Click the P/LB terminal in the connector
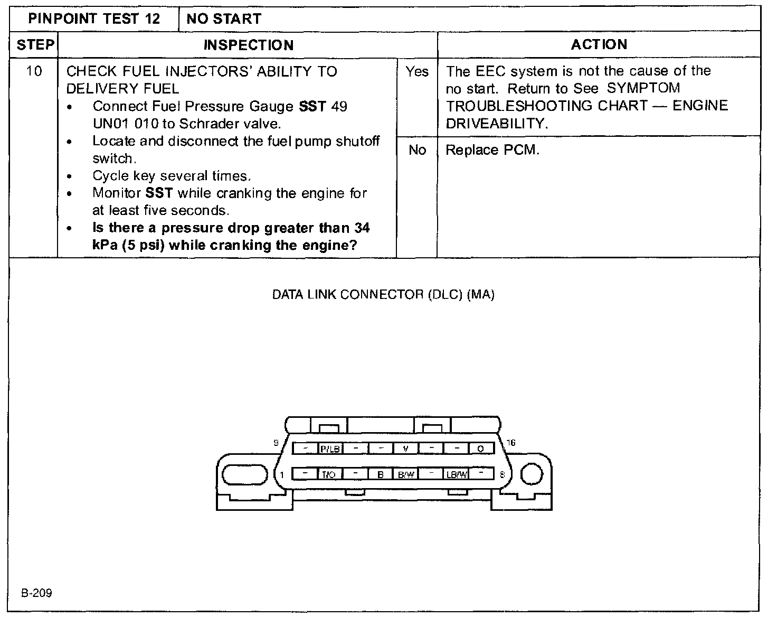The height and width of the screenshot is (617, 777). [x=330, y=448]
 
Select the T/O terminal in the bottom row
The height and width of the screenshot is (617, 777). [x=328, y=474]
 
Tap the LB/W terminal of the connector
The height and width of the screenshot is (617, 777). [x=457, y=474]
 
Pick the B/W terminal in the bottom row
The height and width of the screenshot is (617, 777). [x=405, y=474]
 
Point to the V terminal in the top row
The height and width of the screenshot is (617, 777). [x=405, y=448]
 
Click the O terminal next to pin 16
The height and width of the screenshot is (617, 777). [x=480, y=448]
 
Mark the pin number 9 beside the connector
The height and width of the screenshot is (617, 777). [x=276, y=443]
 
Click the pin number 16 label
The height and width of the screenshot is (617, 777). [x=510, y=443]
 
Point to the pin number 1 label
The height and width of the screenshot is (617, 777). [x=282, y=474]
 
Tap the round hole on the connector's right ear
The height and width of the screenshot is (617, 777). [x=532, y=474]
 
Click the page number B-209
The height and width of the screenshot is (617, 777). [x=36, y=593]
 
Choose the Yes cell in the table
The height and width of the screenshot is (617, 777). [x=417, y=71]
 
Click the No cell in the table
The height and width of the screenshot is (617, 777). [x=417, y=150]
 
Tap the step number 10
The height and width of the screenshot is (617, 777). [x=34, y=71]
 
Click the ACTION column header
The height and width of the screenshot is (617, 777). [x=599, y=44]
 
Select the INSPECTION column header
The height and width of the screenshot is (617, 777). [x=248, y=45]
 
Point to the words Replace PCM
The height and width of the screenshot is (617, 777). [x=492, y=150]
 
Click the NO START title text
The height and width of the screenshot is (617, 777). [x=224, y=20]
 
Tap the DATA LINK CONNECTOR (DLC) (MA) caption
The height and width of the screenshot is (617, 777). [x=383, y=295]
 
